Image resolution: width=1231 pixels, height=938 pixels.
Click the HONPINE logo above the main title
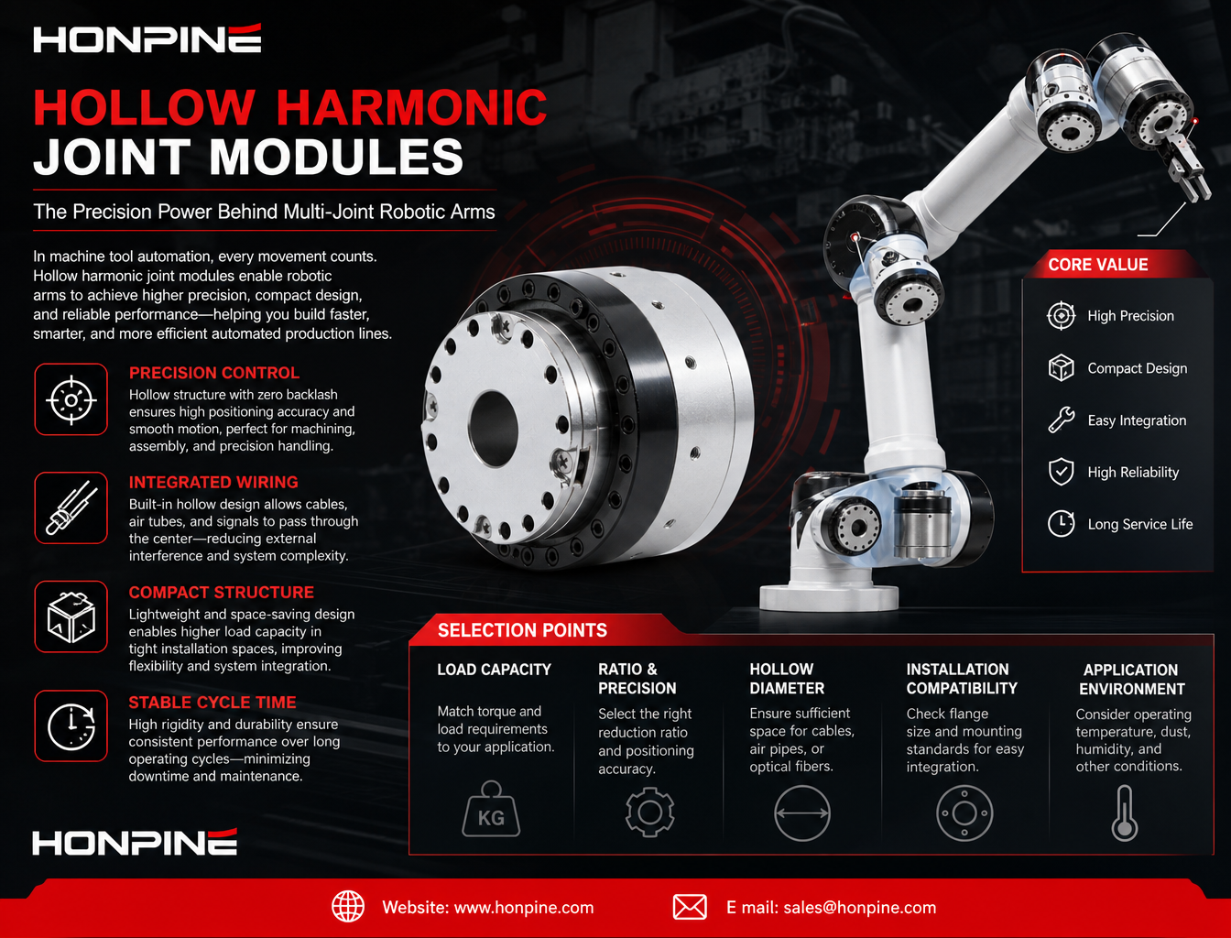pyautogui.click(x=147, y=38)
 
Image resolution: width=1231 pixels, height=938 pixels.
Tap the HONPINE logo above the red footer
pyautogui.click(x=135, y=842)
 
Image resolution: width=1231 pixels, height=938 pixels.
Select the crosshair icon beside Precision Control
pyautogui.click(x=71, y=399)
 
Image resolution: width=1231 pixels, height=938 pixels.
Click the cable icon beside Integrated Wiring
pyautogui.click(x=71, y=508)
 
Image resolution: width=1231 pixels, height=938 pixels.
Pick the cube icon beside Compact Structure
pyautogui.click(x=71, y=616)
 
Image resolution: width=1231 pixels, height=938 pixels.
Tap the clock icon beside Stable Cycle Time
pyautogui.click(x=71, y=726)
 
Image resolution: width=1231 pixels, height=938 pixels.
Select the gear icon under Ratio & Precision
pyautogui.click(x=649, y=813)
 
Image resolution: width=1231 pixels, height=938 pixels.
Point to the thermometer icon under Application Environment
pyautogui.click(x=1125, y=813)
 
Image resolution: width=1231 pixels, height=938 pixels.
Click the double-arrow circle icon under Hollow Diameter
pyautogui.click(x=802, y=813)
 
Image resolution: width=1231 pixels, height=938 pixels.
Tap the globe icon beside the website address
pyautogui.click(x=348, y=907)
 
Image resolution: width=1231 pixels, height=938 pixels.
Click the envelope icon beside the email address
pyautogui.click(x=690, y=907)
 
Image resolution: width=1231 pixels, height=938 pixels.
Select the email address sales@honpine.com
pyautogui.click(x=860, y=908)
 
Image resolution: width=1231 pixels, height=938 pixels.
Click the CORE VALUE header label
pyautogui.click(x=1098, y=265)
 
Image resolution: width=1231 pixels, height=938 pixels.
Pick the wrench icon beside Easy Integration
pyautogui.click(x=1061, y=420)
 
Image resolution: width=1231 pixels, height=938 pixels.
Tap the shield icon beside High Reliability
pyautogui.click(x=1061, y=472)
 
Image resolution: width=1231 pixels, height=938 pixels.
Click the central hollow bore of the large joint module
pyautogui.click(x=494, y=429)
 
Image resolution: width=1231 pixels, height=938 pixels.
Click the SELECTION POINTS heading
pyautogui.click(x=522, y=630)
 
